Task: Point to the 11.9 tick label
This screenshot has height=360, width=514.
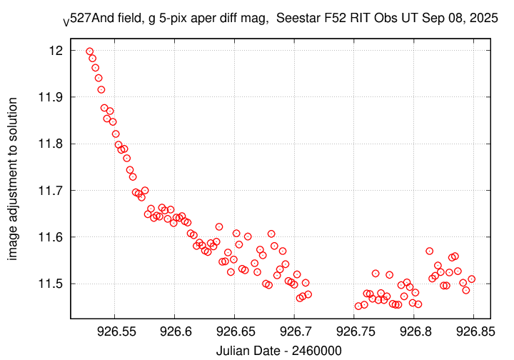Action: [53, 97]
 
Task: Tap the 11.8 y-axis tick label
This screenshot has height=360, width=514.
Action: [53, 144]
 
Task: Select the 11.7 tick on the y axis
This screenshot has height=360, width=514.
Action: [53, 191]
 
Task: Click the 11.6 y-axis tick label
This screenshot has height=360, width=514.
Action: [53, 237]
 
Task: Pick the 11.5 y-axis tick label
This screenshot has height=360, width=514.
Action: [53, 284]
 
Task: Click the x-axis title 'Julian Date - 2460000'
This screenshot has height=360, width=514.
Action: [278, 350]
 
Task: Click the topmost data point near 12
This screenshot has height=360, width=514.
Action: [89, 51]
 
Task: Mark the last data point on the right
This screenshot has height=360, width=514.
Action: [471, 279]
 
